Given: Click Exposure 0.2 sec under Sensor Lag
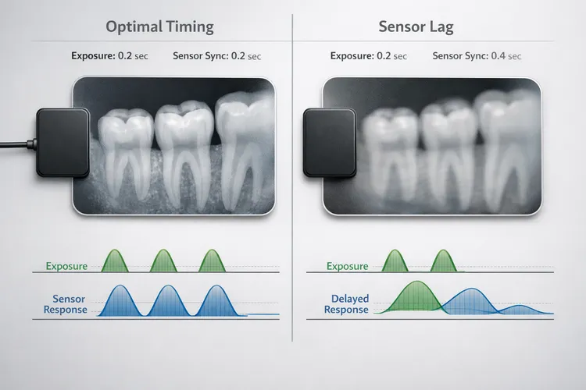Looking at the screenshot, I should pyautogui.click(x=368, y=56).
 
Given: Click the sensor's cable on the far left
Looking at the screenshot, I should pyautogui.click(x=16, y=144).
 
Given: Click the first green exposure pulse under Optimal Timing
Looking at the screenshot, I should pyautogui.click(x=116, y=261).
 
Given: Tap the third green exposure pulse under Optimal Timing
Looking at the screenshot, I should pyautogui.click(x=211, y=261).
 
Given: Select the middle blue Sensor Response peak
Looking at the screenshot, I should pyautogui.click(x=166, y=300).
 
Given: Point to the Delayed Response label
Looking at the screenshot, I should pyautogui.click(x=348, y=304).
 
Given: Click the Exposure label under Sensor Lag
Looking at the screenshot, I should pyautogui.click(x=347, y=266).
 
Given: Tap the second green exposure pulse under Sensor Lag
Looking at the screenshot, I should pyautogui.click(x=444, y=261).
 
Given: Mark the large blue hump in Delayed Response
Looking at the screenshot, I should pyautogui.click(x=469, y=301).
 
